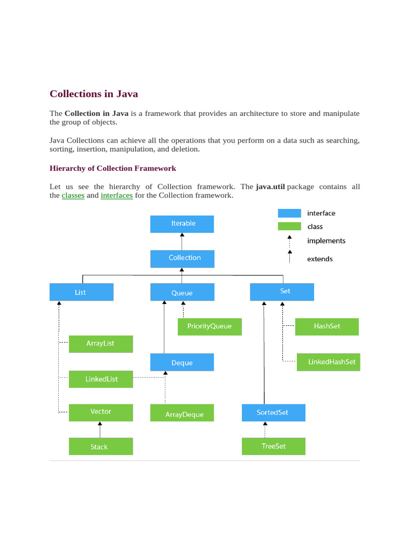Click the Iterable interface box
coord(182,224)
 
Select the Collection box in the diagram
coord(183,259)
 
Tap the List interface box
coord(81,292)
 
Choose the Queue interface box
coord(182,292)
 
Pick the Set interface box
coord(282,292)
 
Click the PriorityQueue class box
coord(209,326)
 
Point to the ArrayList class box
coord(100,343)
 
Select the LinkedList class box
coord(101,379)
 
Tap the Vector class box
coord(101,412)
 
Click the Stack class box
coord(100,447)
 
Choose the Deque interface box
coord(182,362)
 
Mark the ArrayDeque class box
coord(182,413)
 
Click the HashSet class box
coord(327,326)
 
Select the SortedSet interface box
coord(273,412)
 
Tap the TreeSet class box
coord(273,446)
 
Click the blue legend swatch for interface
coord(289,213)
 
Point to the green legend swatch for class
coord(289,226)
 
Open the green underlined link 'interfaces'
coord(116,196)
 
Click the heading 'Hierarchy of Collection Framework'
coord(113,168)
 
